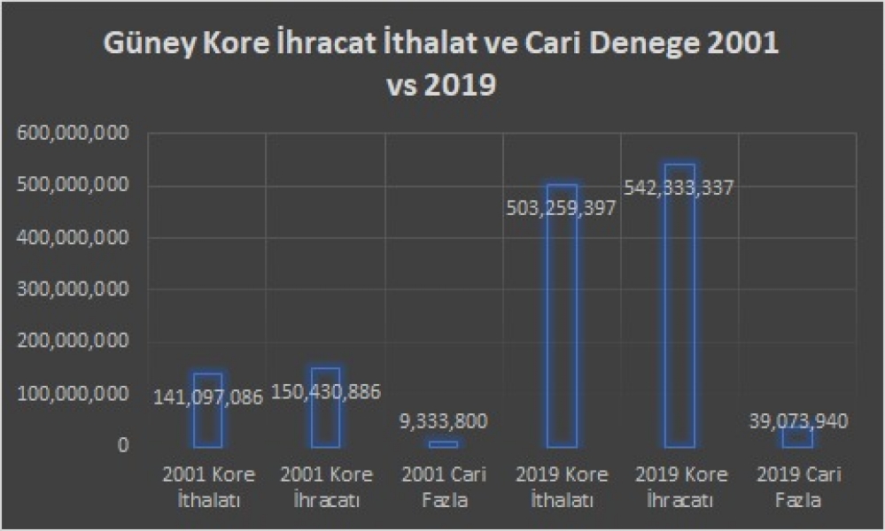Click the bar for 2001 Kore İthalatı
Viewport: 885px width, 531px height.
point(207,425)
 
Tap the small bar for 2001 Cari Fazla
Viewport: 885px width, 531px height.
point(443,444)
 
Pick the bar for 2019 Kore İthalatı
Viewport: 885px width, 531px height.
point(561,336)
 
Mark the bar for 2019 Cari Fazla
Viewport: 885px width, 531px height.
point(796,437)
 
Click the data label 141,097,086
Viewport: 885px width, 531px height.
point(207,397)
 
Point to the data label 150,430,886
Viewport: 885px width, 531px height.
point(325,393)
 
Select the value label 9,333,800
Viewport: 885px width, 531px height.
point(443,420)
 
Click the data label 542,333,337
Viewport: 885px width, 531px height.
point(679,188)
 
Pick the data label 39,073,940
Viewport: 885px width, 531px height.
point(796,421)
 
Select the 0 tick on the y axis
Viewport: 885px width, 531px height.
point(123,446)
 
